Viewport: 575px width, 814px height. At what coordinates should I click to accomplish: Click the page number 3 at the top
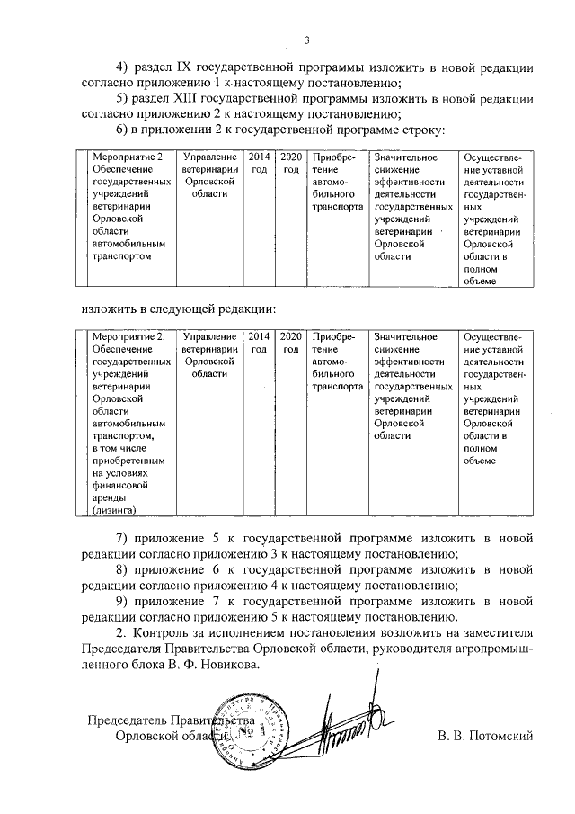coord(306,40)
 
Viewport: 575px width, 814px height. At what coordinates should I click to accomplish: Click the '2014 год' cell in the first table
coord(259,163)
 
